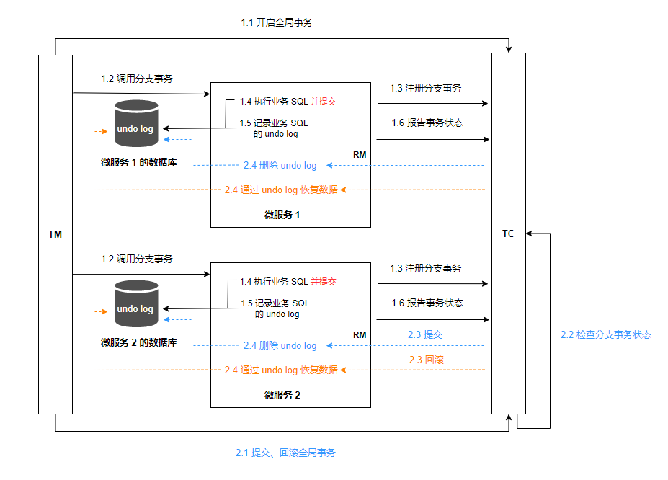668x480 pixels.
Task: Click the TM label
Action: click(55, 234)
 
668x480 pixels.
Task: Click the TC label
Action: click(508, 234)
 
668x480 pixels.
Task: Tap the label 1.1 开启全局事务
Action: click(277, 23)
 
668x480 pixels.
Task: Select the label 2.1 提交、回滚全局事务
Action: click(285, 453)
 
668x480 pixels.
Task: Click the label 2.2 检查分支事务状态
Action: click(605, 334)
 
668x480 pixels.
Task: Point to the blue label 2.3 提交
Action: click(424, 334)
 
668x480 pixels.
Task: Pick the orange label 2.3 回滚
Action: click(426, 359)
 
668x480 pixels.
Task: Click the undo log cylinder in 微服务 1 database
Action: click(136, 125)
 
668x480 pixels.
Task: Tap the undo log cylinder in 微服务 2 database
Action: click(136, 304)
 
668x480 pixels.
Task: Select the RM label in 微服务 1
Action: click(360, 155)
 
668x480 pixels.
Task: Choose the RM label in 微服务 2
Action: click(360, 334)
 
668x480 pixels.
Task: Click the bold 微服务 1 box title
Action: click(282, 215)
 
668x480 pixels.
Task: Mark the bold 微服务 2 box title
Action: click(282, 395)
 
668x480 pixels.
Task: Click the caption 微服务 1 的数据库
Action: click(139, 162)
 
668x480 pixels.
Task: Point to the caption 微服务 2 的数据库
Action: click(139, 342)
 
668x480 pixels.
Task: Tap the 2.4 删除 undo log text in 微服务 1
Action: click(280, 166)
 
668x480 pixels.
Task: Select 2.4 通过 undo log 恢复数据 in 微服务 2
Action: click(281, 370)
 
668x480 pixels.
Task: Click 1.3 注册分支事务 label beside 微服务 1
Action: click(425, 88)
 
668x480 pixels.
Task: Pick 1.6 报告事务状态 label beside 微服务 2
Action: click(427, 303)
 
